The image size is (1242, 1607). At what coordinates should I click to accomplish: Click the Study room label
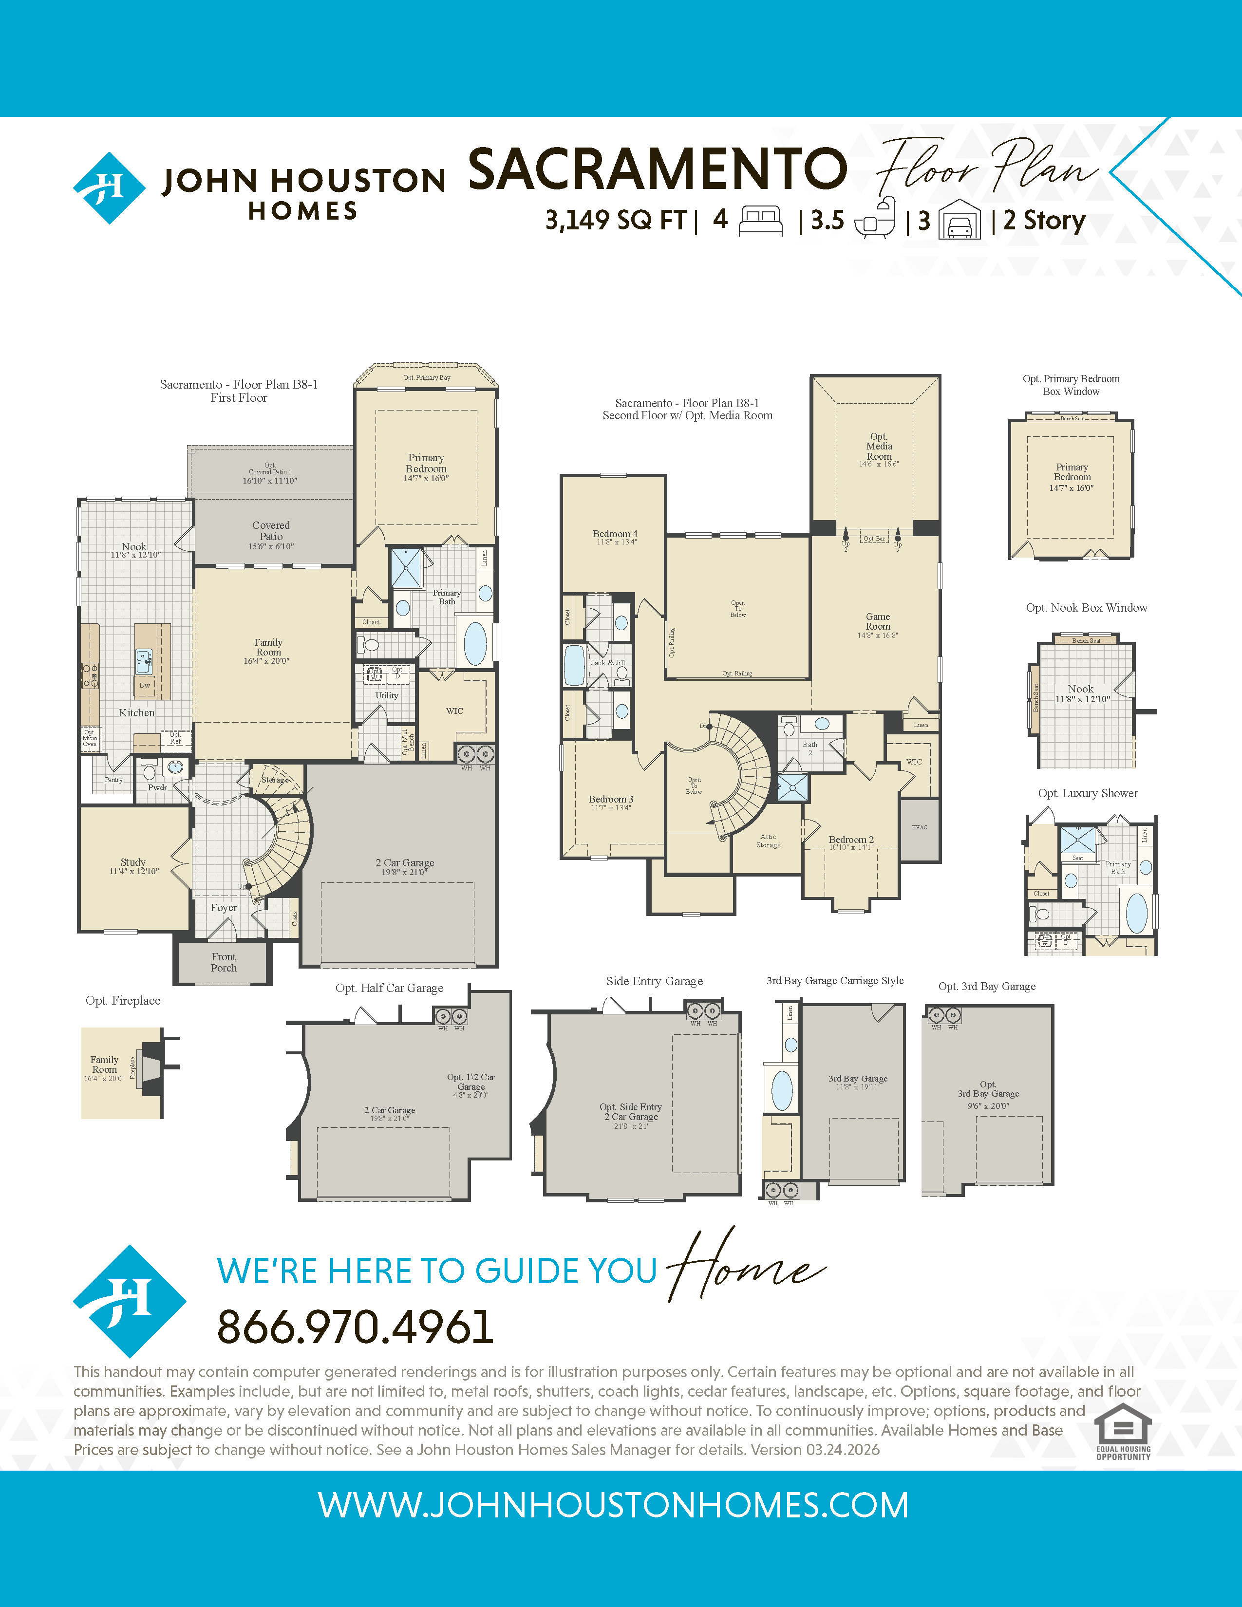(133, 865)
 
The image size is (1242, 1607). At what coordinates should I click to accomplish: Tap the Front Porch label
(224, 962)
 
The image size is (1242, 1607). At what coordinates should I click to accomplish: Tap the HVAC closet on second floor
(919, 828)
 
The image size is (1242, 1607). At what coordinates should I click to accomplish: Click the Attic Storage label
(768, 841)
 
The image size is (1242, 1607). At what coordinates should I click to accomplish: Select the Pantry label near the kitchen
(113, 779)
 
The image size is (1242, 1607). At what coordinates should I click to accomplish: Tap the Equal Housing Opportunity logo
(1123, 1431)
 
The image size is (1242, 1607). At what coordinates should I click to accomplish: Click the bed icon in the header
(760, 220)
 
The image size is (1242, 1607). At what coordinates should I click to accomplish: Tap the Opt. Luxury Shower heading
(1088, 793)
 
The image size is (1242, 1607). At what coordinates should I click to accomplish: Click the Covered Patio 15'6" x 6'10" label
(271, 535)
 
